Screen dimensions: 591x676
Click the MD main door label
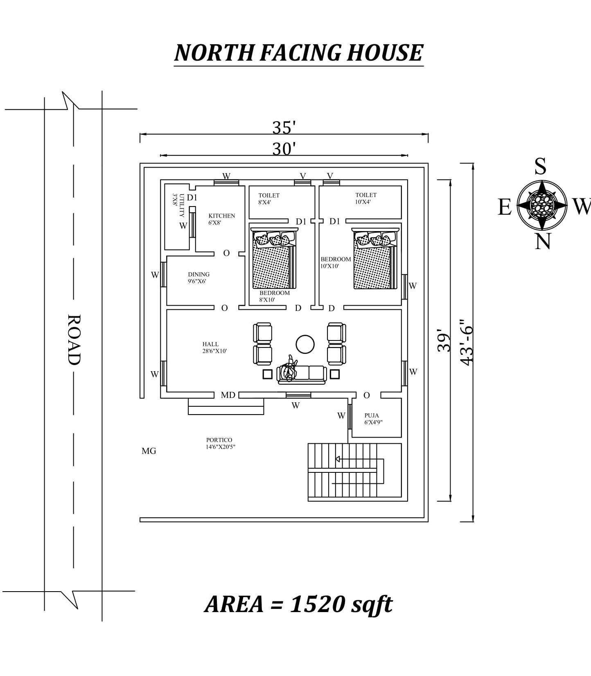(x=228, y=395)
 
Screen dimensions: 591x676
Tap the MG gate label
(x=149, y=451)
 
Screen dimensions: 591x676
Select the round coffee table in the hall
(x=305, y=344)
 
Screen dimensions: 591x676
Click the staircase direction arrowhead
(x=338, y=459)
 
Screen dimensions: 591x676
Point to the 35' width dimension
(x=284, y=128)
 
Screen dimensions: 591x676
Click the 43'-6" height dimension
(x=466, y=343)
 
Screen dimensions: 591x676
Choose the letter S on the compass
(x=540, y=166)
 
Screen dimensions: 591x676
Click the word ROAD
(x=74, y=339)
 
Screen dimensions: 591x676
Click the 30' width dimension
(x=284, y=149)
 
